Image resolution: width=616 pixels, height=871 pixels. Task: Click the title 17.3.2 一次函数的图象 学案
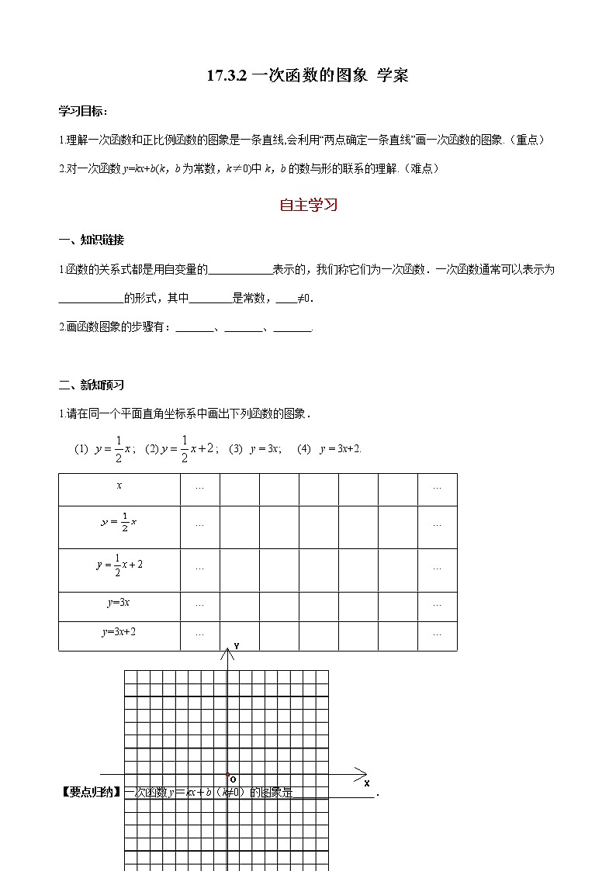tap(307, 75)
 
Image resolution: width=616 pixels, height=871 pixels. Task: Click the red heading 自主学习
tap(308, 206)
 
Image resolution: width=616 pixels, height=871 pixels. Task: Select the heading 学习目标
tap(83, 111)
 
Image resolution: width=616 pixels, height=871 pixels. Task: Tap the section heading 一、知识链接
tap(91, 239)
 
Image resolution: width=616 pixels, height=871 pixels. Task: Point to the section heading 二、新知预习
tap(91, 385)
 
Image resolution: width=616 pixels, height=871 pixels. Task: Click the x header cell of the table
tap(119, 486)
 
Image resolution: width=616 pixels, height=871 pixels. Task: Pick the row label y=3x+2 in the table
tap(119, 632)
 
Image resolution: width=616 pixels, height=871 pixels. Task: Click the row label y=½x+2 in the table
tap(119, 566)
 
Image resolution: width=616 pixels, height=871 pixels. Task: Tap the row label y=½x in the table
tap(119, 523)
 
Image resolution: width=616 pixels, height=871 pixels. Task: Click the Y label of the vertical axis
tap(236, 646)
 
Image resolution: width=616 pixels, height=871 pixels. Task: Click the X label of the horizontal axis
tap(366, 783)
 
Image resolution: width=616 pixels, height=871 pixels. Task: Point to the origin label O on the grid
tap(233, 779)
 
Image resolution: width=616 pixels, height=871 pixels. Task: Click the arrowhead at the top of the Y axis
tap(227, 653)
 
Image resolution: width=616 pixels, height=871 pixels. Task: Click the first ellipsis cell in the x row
tap(200, 487)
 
